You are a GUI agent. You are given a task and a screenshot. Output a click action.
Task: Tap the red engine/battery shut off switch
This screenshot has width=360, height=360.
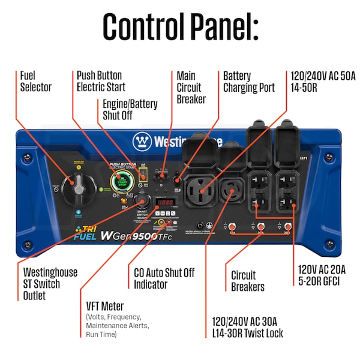click(143, 175)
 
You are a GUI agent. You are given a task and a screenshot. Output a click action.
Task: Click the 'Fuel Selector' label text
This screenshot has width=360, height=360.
click(36, 82)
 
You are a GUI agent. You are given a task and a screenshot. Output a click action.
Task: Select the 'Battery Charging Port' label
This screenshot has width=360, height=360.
click(248, 82)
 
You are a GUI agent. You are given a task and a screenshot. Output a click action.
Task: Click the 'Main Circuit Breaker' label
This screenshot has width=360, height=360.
click(191, 87)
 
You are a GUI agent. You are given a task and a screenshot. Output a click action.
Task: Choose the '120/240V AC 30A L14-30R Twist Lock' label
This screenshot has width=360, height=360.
click(248, 326)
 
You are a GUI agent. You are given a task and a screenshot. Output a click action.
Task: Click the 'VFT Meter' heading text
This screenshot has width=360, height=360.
click(104, 306)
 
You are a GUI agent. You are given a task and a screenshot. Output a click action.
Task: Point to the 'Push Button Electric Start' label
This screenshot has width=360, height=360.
click(99, 82)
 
